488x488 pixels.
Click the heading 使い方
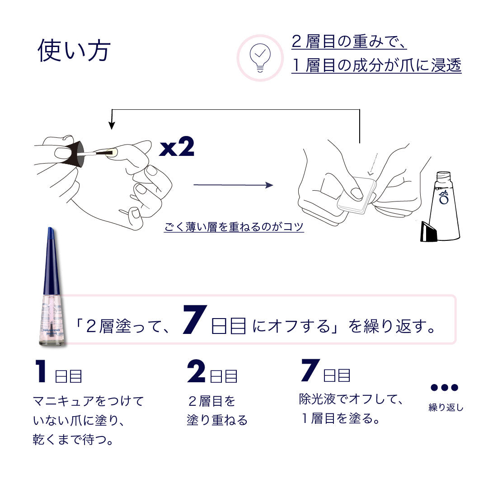74,51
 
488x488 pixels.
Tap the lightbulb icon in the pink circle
260,58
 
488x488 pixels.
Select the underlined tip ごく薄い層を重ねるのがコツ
234,227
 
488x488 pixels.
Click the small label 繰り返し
446,408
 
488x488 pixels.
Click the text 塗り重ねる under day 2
217,420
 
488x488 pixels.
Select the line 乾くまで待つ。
73,440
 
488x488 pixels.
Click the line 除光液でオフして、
351,399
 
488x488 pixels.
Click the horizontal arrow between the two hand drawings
233,185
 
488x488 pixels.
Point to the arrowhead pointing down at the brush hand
111,126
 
